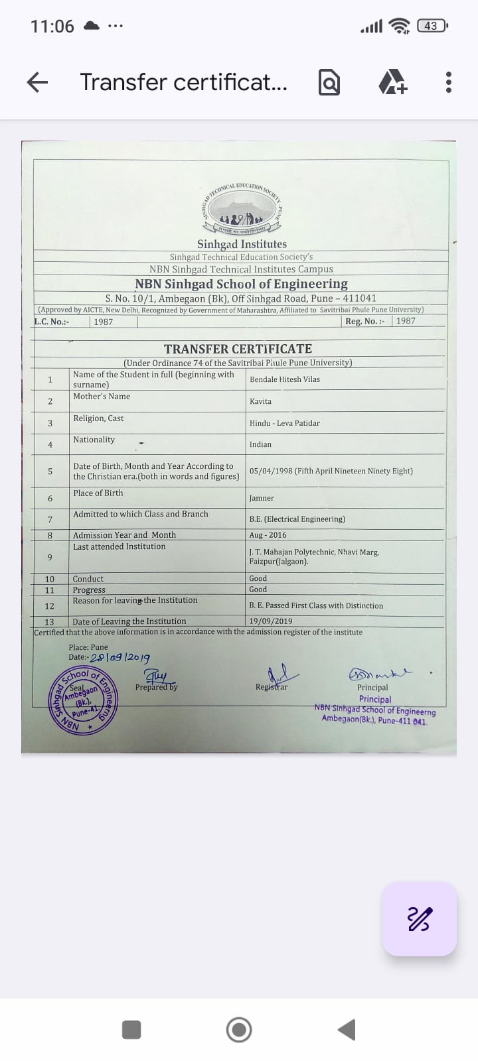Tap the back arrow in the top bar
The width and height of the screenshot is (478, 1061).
pyautogui.click(x=37, y=82)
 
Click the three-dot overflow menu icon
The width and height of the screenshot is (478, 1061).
pyautogui.click(x=449, y=82)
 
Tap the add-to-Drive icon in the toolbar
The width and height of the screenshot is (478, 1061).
pyautogui.click(x=392, y=82)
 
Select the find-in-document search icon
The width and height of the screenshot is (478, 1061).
pyautogui.click(x=329, y=82)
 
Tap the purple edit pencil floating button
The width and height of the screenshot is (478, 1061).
pyautogui.click(x=419, y=919)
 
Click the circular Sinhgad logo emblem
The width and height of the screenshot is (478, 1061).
pyautogui.click(x=242, y=210)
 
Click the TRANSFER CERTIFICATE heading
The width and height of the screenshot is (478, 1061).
pyautogui.click(x=238, y=349)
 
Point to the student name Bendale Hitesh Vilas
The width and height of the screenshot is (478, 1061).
pyautogui.click(x=285, y=379)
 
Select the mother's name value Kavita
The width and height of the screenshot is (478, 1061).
pyautogui.click(x=260, y=401)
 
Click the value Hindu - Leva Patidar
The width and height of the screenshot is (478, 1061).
pyautogui.click(x=285, y=423)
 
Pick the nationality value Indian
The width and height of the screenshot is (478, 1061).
pyautogui.click(x=260, y=444)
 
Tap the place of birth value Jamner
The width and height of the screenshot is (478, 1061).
pyautogui.click(x=262, y=498)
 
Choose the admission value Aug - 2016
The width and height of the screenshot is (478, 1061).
pyautogui.click(x=268, y=534)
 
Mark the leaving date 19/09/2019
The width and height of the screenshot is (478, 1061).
pyautogui.click(x=270, y=621)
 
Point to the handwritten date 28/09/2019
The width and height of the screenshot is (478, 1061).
pyautogui.click(x=120, y=658)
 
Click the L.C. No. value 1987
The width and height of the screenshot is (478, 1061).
pyautogui.click(x=103, y=322)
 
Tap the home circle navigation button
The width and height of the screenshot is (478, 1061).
pyautogui.click(x=239, y=1030)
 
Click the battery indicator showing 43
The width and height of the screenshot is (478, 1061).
pyautogui.click(x=432, y=26)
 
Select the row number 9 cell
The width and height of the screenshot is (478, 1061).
pyautogui.click(x=50, y=557)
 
